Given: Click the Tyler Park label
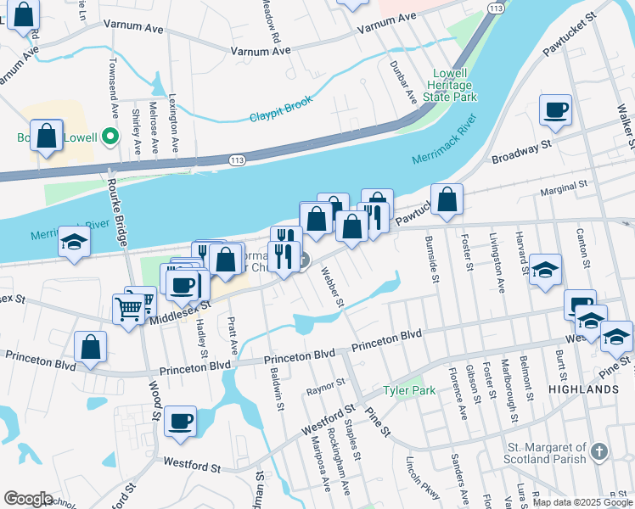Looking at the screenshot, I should [408, 390].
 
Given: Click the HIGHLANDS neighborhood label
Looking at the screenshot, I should [583, 389].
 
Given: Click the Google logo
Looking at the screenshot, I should [28, 499].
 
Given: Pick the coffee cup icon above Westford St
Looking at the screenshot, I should [180, 422].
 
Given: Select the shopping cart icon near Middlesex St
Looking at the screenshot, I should [129, 310].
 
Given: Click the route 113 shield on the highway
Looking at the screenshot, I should [236, 159].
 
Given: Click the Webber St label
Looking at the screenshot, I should [331, 288].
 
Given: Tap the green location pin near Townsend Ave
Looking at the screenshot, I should [109, 136].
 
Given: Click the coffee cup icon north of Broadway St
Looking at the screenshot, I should [555, 110].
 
